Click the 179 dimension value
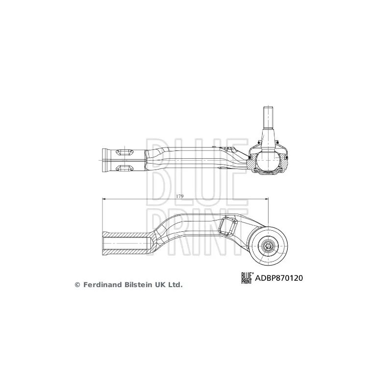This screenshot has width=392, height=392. click(179, 196)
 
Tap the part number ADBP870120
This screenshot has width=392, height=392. click(278, 278)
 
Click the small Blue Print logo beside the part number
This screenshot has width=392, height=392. click(246, 278)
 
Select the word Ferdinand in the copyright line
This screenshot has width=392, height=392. click(102, 284)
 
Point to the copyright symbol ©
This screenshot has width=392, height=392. click(77, 284)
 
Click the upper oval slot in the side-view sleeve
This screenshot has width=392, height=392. click(125, 151)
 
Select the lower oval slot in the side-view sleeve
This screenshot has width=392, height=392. click(125, 169)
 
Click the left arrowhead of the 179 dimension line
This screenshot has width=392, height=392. click(104, 198)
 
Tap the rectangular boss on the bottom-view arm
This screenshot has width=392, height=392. click(229, 226)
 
